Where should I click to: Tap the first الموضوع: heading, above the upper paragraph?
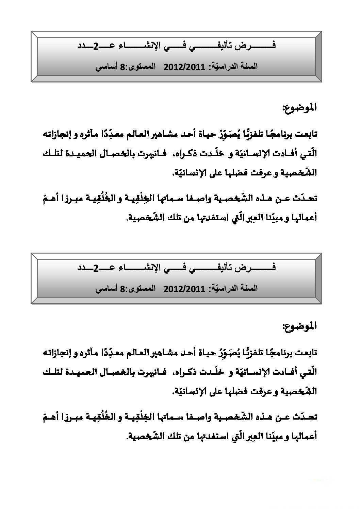tap(299, 108)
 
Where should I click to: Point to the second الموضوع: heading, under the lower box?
tap(299, 326)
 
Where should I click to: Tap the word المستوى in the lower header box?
tap(142, 289)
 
